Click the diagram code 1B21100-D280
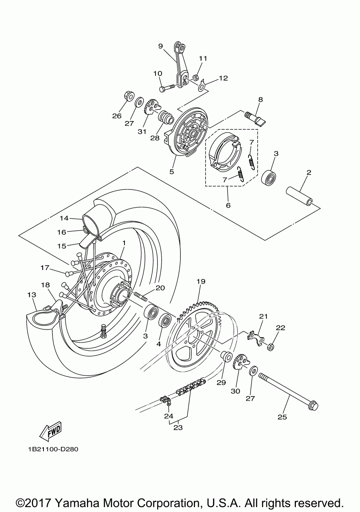(x=52, y=449)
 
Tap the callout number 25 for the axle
(x=282, y=417)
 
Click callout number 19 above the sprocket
(x=201, y=281)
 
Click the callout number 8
(x=260, y=100)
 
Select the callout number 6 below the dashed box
(x=228, y=205)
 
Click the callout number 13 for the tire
(x=32, y=295)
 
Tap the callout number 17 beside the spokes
(x=45, y=268)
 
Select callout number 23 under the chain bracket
(x=178, y=427)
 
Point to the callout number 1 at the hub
(x=123, y=243)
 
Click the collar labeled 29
(x=226, y=356)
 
